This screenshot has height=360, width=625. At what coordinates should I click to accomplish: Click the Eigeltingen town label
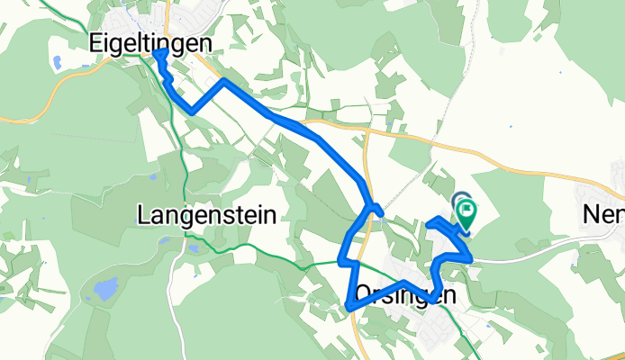152,42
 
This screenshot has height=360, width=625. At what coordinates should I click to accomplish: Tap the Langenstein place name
207,214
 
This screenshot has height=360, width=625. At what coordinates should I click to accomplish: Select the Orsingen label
401,293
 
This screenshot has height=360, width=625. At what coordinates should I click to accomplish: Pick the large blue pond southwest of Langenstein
105,289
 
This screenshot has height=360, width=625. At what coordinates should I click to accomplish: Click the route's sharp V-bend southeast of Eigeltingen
191,111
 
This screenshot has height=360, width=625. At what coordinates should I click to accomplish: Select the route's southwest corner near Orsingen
348,308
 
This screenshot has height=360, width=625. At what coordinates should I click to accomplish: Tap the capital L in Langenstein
143,214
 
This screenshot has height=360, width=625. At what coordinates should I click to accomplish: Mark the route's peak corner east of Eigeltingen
223,80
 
